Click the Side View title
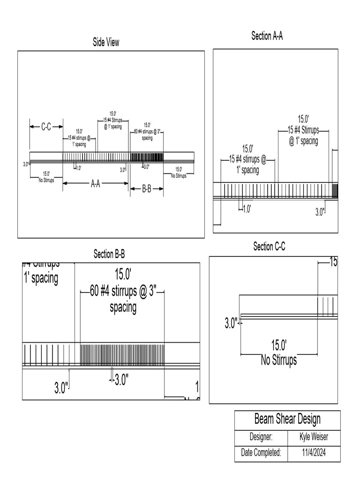pyautogui.click(x=106, y=43)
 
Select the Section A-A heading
pyautogui.click(x=267, y=36)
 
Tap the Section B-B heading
pyautogui.click(x=109, y=254)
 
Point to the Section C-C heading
pyautogui.click(x=269, y=247)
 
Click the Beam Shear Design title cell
pyautogui.click(x=287, y=419)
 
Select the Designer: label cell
pyautogui.click(x=261, y=437)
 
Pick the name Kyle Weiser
pyautogui.click(x=314, y=437)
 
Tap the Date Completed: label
pyautogui.click(x=261, y=453)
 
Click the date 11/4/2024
pyautogui.click(x=314, y=453)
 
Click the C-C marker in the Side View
pyautogui.click(x=46, y=127)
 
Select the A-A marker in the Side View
pyautogui.click(x=95, y=184)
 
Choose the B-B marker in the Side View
pyautogui.click(x=147, y=189)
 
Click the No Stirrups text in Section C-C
pyautogui.click(x=278, y=360)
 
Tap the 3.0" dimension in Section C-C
pyautogui.click(x=231, y=323)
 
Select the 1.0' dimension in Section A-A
pyautogui.click(x=246, y=209)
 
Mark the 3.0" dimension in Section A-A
pyautogui.click(x=319, y=212)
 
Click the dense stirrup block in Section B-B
pyautogui.click(x=122, y=355)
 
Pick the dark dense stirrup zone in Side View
pyautogui.click(x=147, y=157)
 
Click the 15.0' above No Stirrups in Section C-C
pyautogui.click(x=278, y=346)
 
